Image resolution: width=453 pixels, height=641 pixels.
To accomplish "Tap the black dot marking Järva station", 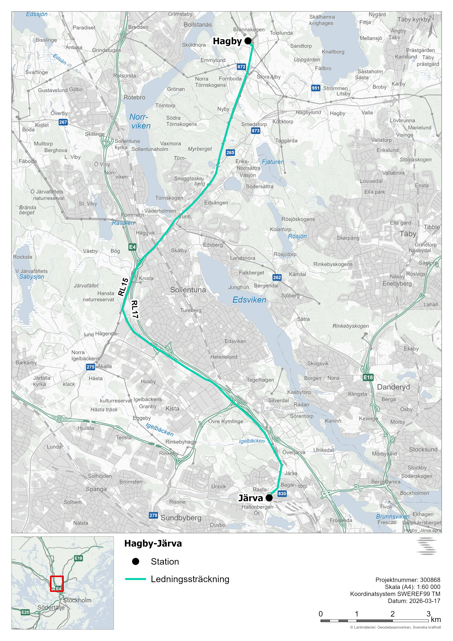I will pos(269,498).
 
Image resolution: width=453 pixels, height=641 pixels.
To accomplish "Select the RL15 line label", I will pos(123,287).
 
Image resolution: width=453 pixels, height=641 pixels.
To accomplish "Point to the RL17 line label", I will pos(135,309).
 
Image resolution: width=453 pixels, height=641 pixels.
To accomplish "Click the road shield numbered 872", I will pos(241,67).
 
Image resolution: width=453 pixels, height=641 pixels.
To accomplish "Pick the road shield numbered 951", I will pos(315,88).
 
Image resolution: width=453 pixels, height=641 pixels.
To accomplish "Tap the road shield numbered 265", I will pos(230,152).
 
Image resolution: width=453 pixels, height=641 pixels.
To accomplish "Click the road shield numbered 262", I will pos(277,277).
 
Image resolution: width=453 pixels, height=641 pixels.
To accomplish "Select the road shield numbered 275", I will pos(90,367).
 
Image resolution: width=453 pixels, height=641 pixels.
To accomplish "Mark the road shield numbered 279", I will pos(153,515).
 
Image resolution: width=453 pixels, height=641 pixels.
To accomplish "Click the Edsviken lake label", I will pos(249,300).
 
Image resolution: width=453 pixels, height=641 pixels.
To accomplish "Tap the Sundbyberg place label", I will pos(181,518).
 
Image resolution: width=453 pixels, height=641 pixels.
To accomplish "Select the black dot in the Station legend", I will pos(136,562).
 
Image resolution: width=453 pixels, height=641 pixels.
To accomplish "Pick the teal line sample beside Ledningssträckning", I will pos(136,579).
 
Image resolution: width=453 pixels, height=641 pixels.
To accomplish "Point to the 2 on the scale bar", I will pos(392,614).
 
